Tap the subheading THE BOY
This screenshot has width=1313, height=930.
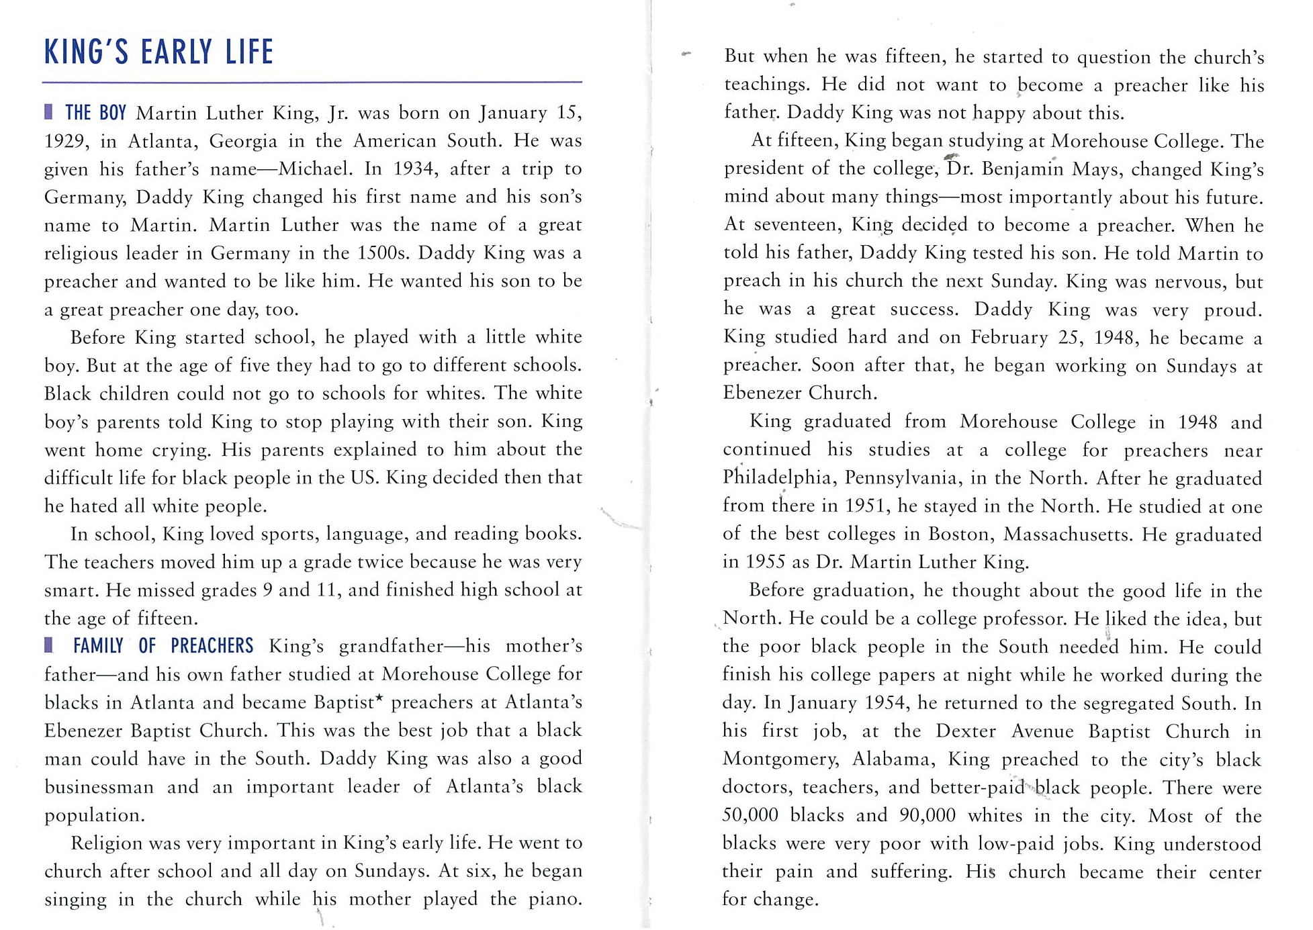coord(95,113)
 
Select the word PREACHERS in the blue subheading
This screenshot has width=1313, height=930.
coord(212,646)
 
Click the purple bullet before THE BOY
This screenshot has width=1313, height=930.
coord(48,111)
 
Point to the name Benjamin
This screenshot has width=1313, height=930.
coord(1022,169)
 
